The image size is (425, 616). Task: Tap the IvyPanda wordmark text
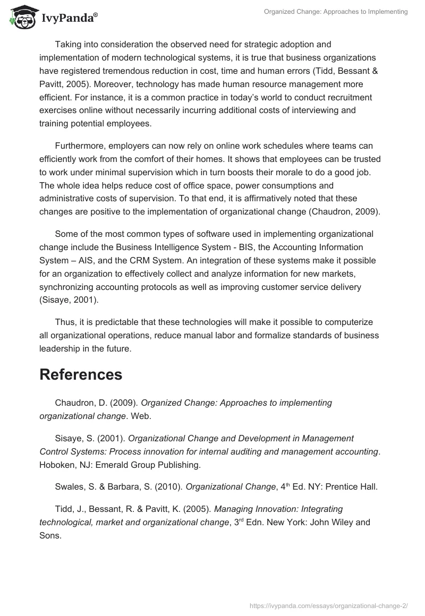coord(69,18)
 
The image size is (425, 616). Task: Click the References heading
coord(81,374)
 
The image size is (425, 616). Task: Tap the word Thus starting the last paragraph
coord(65,322)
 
